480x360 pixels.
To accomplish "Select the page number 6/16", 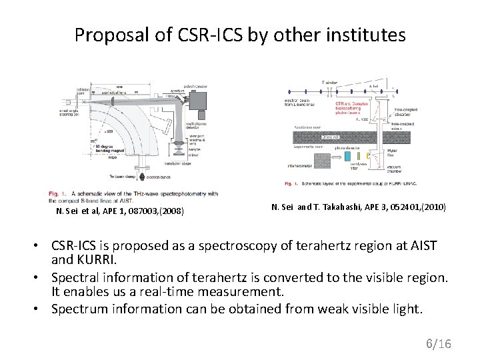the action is (x=438, y=343).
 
